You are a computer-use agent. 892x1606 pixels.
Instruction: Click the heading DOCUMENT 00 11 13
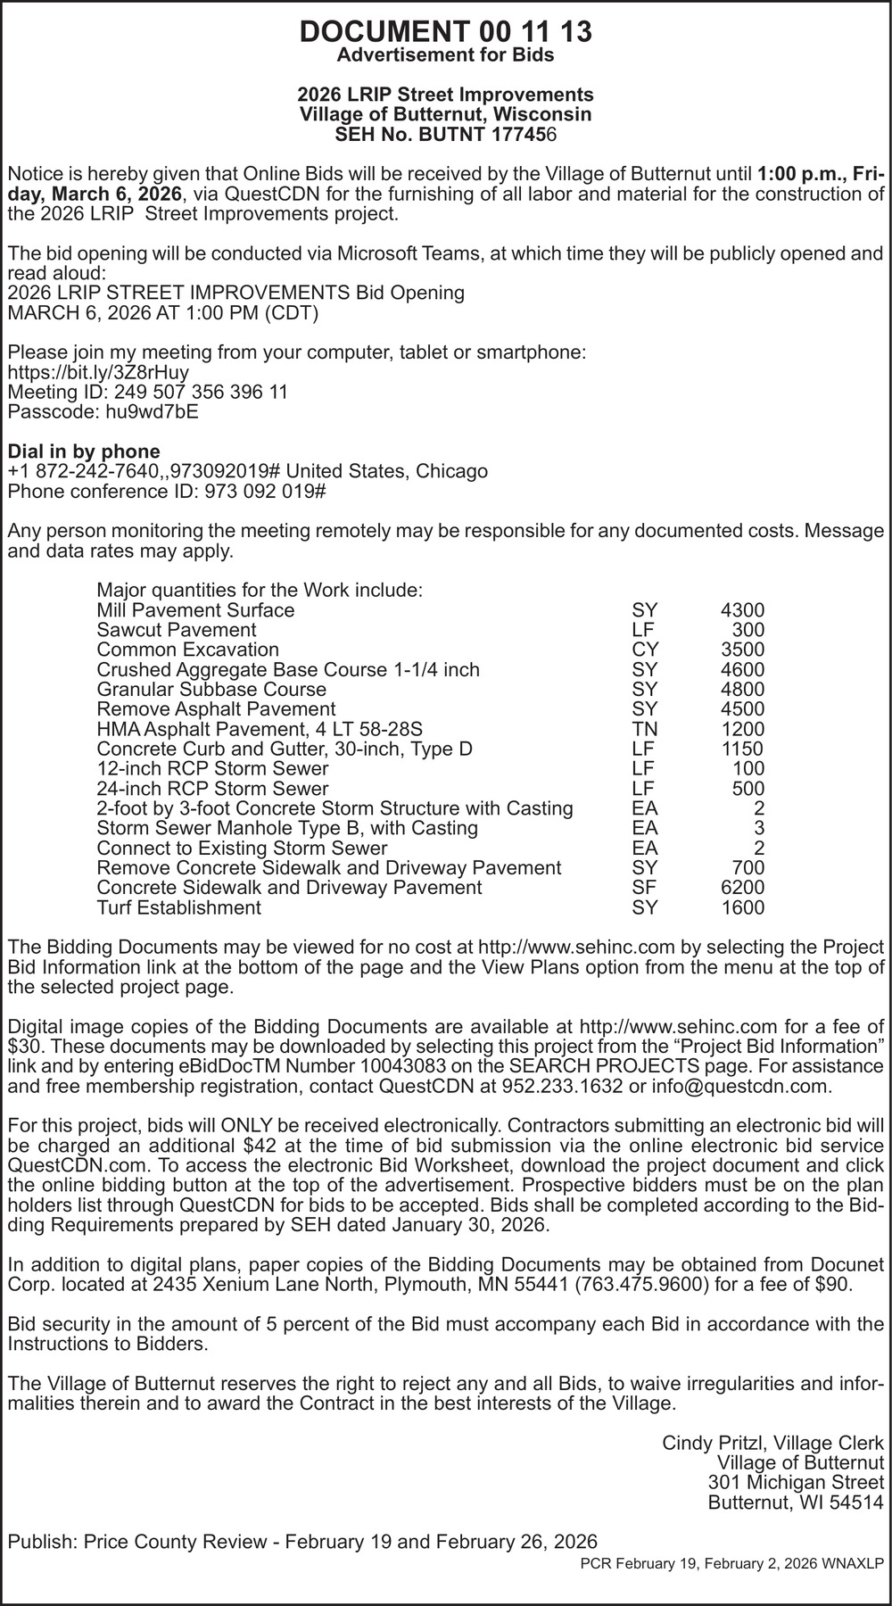tap(445, 31)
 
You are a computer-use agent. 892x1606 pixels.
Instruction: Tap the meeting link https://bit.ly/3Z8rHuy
tap(98, 372)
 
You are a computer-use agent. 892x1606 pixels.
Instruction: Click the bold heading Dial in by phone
tap(84, 451)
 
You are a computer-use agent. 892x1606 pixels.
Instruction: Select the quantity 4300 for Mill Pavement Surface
tap(742, 610)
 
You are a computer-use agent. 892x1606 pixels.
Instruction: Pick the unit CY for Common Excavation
tap(644, 650)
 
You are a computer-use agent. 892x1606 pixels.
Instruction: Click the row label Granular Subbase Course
tap(211, 689)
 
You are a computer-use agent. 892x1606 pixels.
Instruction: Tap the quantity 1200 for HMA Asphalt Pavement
tap(742, 729)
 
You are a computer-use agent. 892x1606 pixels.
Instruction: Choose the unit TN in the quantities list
tap(644, 729)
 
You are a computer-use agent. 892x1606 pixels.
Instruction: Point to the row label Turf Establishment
tap(178, 907)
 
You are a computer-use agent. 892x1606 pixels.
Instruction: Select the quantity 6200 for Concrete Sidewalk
tap(742, 888)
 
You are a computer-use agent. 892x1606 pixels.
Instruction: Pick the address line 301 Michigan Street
tap(796, 1481)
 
